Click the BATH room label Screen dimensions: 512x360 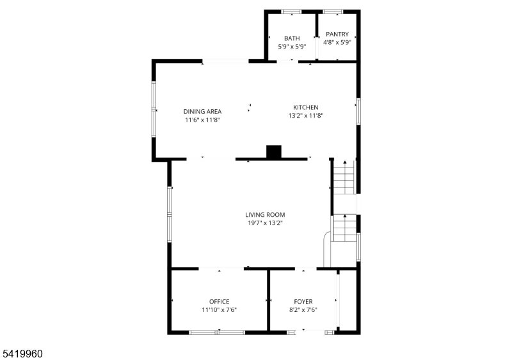(292, 38)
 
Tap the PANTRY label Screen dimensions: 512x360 (337, 34)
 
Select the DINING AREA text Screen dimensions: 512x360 (202, 111)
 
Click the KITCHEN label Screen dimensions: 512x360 (306, 107)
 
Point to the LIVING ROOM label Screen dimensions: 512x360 (265, 214)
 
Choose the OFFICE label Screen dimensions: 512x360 (219, 301)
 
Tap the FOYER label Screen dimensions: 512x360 (303, 301)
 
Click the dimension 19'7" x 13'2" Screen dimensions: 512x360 (265, 223)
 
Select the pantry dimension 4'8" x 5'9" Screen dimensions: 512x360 (337, 42)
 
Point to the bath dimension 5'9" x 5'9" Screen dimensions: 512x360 (292, 47)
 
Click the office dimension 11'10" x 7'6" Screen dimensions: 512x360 (219, 309)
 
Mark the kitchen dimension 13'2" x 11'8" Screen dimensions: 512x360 (306, 116)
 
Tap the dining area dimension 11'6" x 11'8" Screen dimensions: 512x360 (202, 120)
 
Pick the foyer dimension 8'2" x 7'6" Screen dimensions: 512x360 (303, 309)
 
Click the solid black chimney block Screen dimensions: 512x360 (274, 152)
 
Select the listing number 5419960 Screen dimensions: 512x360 (22, 354)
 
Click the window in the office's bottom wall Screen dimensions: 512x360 (217, 333)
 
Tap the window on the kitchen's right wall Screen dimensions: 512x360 (358, 111)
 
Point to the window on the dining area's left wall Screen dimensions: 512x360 (154, 109)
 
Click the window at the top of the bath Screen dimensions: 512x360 (292, 12)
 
